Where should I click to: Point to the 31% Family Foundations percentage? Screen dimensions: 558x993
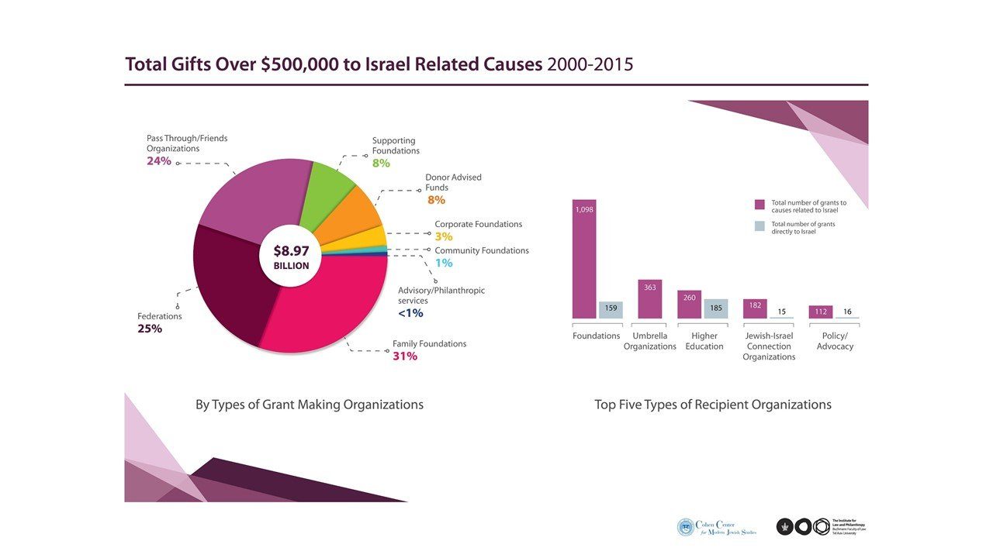click(405, 356)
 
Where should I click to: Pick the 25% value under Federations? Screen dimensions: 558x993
click(150, 329)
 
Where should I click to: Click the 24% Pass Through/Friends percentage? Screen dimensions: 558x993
click(159, 161)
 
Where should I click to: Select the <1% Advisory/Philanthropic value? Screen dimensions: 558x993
click(410, 313)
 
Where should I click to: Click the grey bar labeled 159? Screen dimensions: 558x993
click(611, 309)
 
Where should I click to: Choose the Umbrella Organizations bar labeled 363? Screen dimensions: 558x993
click(650, 299)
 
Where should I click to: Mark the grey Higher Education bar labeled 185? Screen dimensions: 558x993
click(715, 308)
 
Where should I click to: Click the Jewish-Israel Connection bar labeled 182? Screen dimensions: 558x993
click(755, 308)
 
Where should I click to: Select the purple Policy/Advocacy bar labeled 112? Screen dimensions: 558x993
click(820, 312)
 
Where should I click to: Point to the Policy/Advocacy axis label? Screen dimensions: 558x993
click(835, 341)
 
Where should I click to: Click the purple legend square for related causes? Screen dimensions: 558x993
click(759, 205)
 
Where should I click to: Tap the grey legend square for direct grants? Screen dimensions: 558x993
click(759, 226)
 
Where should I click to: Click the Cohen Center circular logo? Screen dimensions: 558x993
click(686, 528)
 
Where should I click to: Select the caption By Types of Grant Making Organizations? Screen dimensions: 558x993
click(310, 405)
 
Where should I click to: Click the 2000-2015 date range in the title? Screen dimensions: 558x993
click(590, 64)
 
